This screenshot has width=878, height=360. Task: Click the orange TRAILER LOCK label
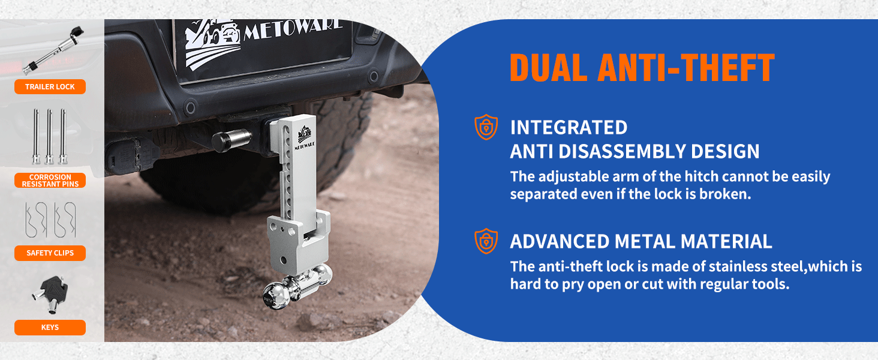coord(50,86)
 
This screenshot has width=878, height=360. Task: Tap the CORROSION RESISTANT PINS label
coord(50,181)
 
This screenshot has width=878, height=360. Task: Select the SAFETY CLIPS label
coord(50,253)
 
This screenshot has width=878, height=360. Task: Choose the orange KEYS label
coord(50,328)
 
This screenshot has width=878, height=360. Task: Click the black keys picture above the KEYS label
coord(50,294)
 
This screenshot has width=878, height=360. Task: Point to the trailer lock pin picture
coord(53,50)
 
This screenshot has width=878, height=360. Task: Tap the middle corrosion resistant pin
coord(49,136)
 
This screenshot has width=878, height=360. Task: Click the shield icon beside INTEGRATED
coord(486,127)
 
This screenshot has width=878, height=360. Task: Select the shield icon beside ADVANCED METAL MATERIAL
coord(486,241)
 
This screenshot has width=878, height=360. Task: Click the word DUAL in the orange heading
coord(548,68)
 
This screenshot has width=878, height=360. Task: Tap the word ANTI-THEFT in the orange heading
coord(686,68)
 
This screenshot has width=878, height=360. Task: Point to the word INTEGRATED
coord(569,128)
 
